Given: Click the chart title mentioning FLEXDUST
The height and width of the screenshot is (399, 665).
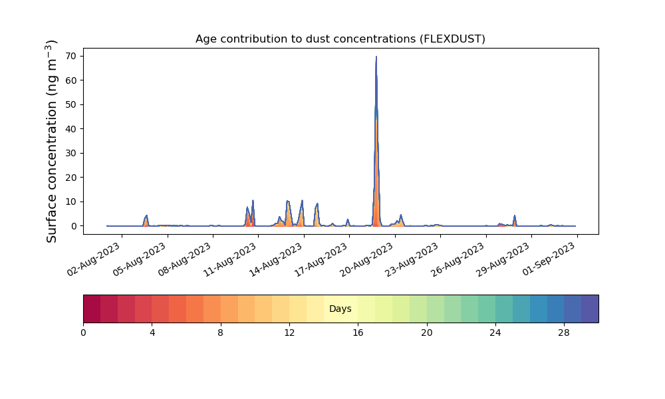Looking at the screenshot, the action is [340, 39].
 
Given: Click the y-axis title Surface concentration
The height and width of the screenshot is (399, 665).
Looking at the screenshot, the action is [51, 141].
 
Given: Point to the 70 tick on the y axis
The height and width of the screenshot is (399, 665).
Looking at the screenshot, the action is [71, 56].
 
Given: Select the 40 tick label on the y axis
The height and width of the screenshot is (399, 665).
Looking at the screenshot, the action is [71, 129].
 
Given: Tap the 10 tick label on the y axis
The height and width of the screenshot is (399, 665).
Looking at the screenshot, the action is [71, 202].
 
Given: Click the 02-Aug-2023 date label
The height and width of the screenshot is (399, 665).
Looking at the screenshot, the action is [94, 259].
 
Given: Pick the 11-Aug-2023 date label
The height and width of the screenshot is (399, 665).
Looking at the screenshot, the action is [231, 259].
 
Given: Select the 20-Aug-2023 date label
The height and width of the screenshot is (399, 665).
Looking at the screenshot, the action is [367, 259].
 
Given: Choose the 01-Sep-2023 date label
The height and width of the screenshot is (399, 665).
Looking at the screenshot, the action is [549, 259].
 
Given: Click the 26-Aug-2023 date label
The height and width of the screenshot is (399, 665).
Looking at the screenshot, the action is [458, 259].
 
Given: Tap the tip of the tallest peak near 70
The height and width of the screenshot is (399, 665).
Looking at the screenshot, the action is [376, 57].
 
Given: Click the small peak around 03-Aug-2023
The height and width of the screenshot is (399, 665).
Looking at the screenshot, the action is [146, 216].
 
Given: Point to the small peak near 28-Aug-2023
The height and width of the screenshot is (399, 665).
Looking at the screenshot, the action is [515, 216].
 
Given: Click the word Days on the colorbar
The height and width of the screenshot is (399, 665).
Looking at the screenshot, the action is [340, 309].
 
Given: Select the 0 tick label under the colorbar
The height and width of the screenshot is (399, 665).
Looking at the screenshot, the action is [83, 333].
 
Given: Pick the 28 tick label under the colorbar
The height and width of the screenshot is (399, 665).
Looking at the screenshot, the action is [564, 333].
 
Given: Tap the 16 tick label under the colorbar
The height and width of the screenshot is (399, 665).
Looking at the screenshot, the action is [358, 333].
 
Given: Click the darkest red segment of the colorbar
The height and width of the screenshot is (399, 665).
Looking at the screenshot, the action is [92, 309].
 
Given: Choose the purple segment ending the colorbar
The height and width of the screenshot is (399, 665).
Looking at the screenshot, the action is [590, 309].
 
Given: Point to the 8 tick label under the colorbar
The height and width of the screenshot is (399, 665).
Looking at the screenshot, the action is [221, 333].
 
